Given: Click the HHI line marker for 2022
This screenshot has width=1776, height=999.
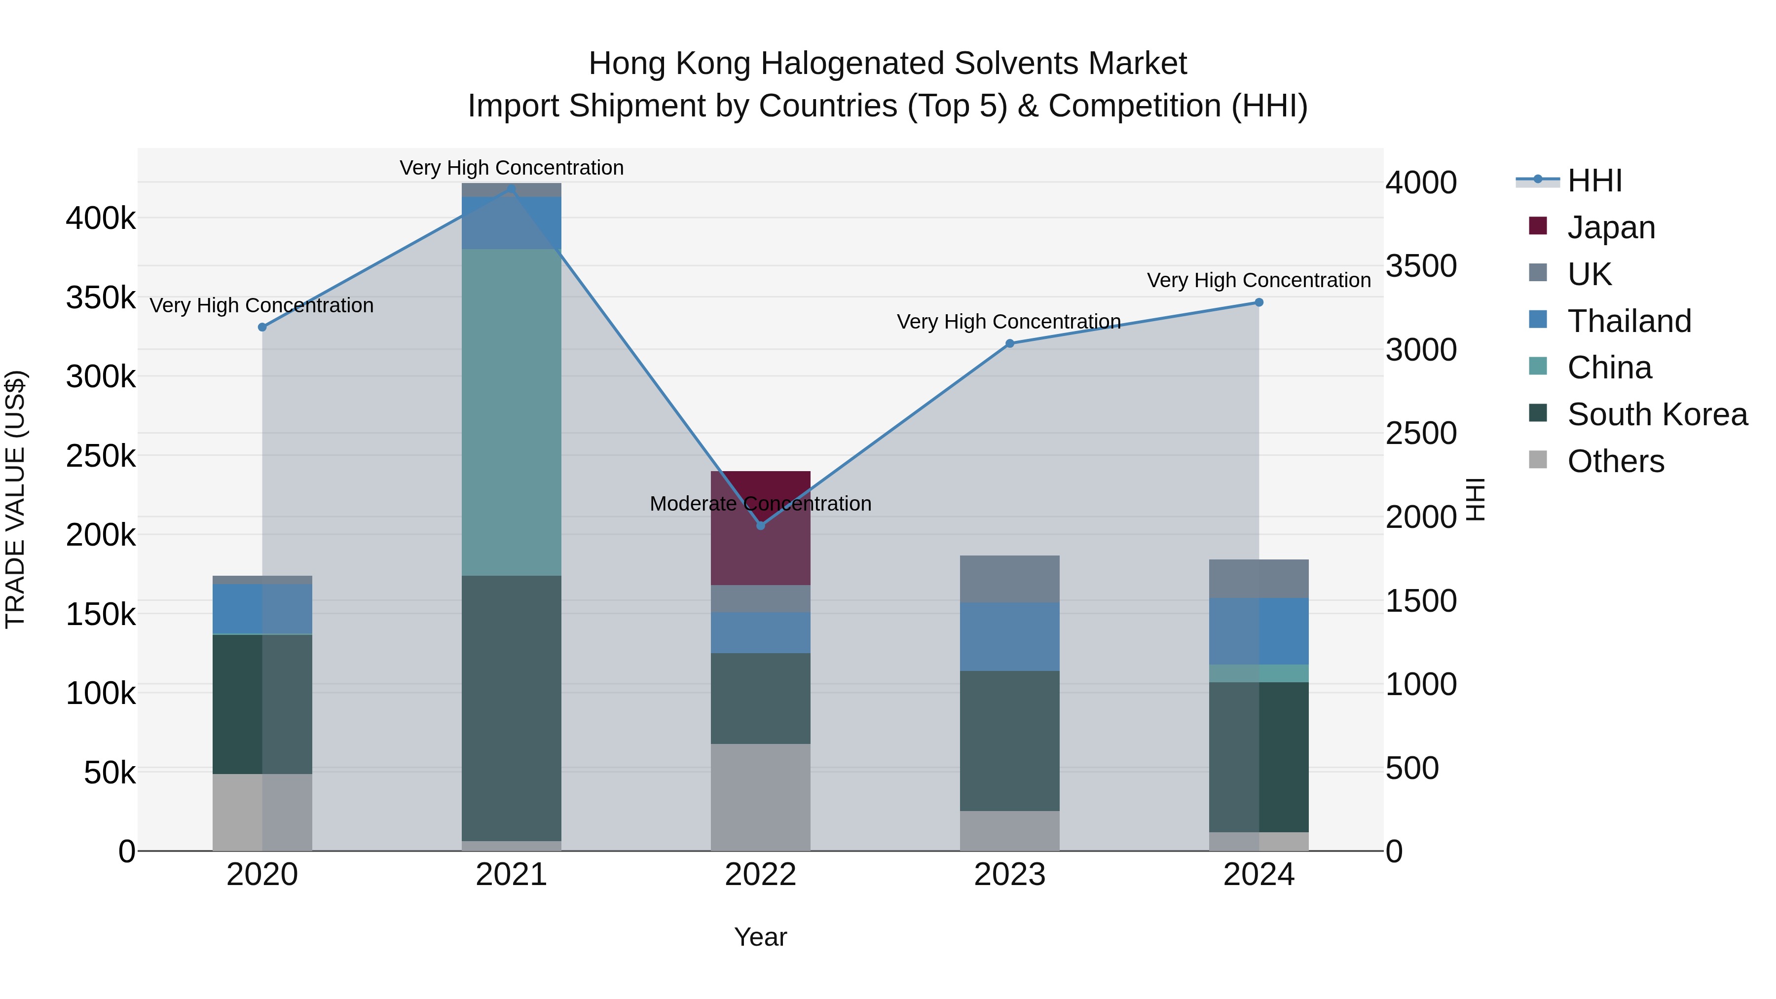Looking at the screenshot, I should point(760,525).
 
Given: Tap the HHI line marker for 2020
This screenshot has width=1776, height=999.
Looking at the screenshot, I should point(262,328).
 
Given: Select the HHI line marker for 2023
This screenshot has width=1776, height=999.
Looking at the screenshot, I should point(1009,343).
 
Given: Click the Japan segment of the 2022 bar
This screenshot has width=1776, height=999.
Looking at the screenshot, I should point(760,545).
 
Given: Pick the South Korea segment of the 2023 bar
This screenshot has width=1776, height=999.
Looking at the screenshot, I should point(1009,740).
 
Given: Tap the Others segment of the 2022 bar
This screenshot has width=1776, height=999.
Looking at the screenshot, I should point(760,797).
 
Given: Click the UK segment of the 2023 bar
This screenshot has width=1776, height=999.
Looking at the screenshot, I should point(1009,579).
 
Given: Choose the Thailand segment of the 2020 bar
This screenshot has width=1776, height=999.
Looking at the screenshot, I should point(262,609).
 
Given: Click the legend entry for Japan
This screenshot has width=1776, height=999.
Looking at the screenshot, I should point(1611,227).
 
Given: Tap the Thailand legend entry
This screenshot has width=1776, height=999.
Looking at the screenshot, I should point(1628,321).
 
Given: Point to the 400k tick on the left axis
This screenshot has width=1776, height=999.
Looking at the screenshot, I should point(101,219).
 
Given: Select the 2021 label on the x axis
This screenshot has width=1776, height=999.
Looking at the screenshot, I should point(511,875).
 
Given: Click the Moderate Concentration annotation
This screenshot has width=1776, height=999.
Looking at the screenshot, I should point(760,504).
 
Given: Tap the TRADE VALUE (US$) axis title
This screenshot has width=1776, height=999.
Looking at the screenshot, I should point(15,499).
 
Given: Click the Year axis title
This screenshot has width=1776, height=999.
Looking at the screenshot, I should point(760,937).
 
